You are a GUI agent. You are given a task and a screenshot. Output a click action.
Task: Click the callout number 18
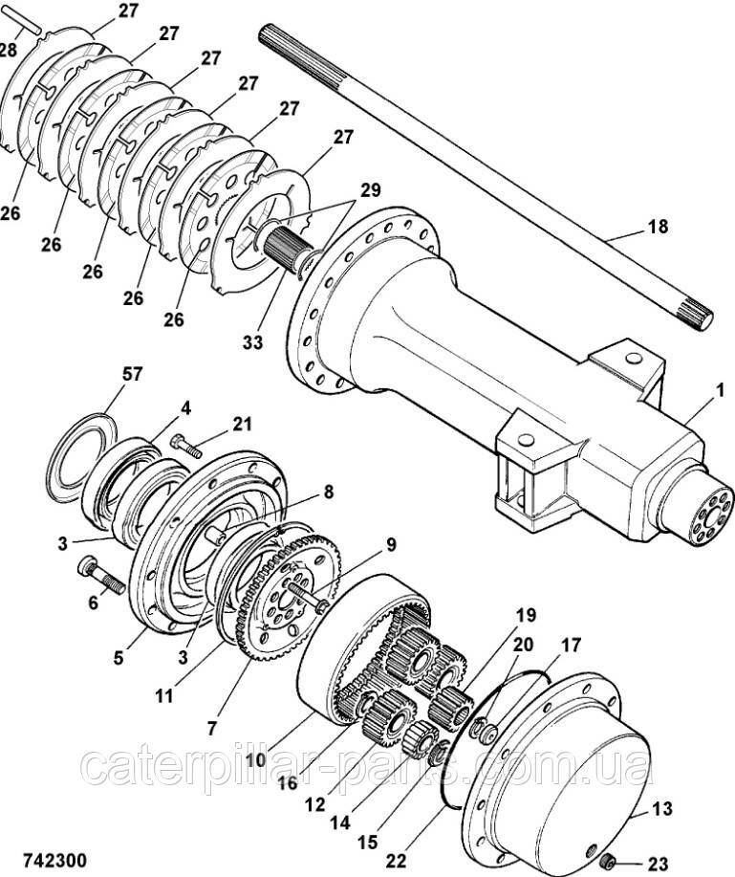pos(657,228)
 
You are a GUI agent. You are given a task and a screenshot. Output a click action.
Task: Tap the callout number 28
pos(11,51)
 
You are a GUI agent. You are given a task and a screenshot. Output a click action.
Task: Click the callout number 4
pos(186,407)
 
